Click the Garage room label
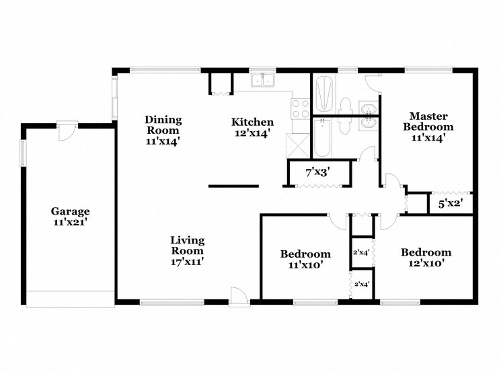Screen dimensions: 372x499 coord(71,211)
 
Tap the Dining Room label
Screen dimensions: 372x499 coord(163,125)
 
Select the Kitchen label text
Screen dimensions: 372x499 coord(252,122)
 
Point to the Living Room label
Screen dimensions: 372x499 coord(187,246)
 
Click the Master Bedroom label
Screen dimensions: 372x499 coord(428,121)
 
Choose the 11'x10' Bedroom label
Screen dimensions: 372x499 coord(305,254)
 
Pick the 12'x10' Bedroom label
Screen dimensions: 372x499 coord(426,253)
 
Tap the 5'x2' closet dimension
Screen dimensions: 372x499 coord(450,201)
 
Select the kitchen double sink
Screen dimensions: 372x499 coord(262,81)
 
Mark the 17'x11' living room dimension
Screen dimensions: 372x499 coord(187,262)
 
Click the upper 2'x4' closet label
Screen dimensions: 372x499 coord(362,253)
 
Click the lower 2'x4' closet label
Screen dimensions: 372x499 coord(362,285)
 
